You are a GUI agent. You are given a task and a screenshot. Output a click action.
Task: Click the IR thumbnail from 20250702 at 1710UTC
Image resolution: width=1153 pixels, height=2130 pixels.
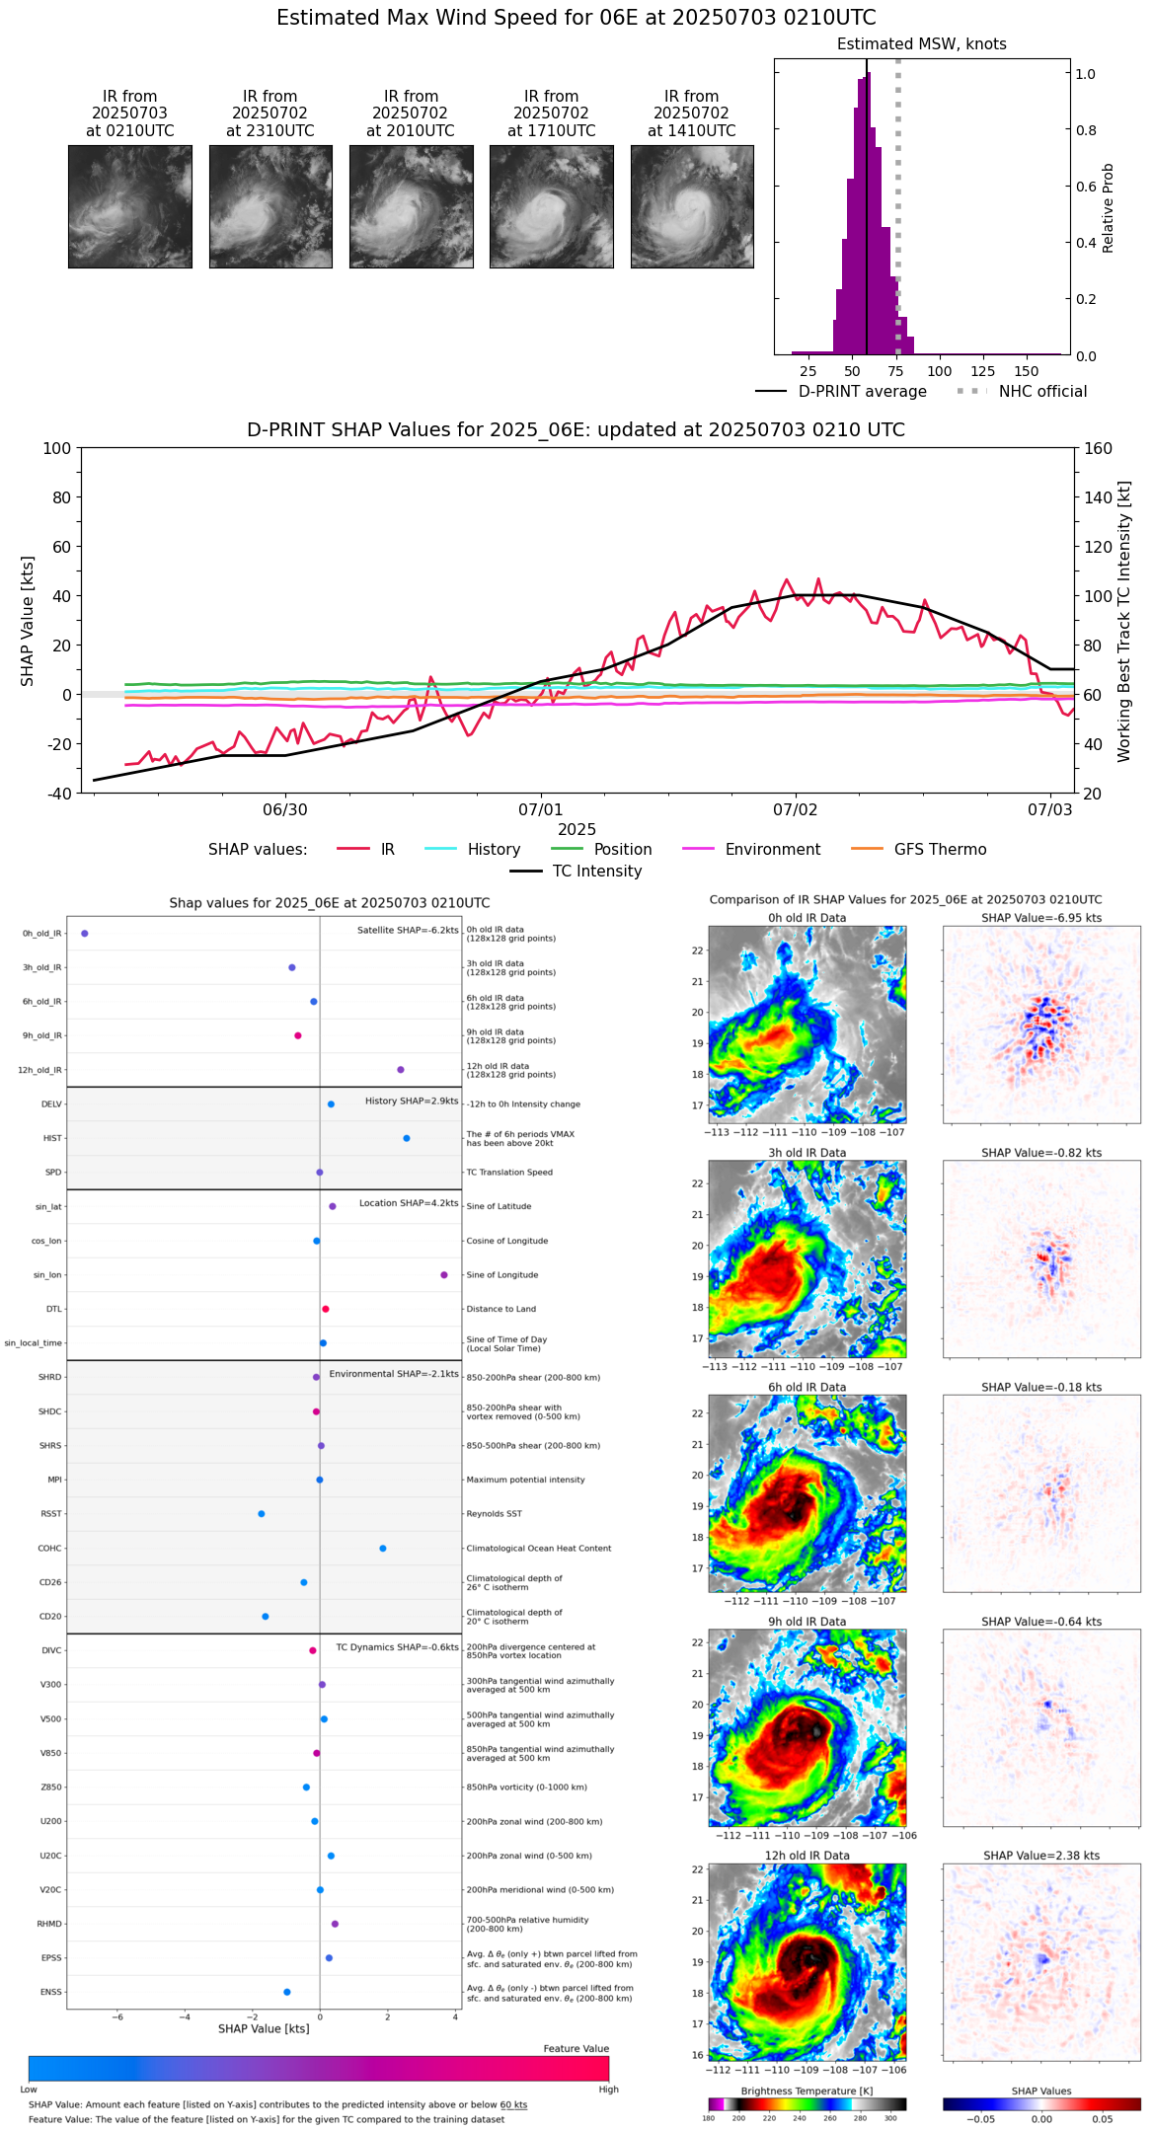click(551, 206)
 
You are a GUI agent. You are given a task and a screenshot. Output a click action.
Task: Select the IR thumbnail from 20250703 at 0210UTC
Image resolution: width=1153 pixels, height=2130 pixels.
click(129, 206)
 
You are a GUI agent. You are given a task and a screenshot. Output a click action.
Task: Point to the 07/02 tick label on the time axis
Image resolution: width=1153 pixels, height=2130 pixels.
click(795, 809)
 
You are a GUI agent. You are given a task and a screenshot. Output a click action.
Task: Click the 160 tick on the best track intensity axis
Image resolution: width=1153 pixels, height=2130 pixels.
click(1098, 448)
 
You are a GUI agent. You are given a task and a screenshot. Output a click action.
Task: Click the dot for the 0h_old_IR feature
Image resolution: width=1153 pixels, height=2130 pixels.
click(85, 933)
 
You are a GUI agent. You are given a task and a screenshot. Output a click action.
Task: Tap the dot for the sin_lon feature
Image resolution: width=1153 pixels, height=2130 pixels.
click(444, 1274)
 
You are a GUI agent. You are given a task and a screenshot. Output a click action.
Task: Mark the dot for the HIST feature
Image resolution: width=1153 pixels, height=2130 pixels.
click(407, 1138)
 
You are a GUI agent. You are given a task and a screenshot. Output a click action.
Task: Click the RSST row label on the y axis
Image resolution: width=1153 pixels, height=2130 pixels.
click(50, 1513)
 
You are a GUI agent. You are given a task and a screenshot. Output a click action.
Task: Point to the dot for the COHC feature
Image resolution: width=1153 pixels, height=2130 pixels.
click(383, 1548)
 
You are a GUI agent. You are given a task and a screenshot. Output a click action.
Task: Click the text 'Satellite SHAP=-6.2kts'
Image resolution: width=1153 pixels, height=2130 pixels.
click(408, 930)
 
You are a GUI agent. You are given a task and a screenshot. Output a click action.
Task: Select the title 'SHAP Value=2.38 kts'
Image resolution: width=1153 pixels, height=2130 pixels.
click(1041, 1856)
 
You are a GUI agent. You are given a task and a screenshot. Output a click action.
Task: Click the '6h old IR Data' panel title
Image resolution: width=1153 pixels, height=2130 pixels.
click(807, 1387)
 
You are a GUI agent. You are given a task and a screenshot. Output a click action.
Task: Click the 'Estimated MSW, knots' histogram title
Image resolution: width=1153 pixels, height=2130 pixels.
click(921, 44)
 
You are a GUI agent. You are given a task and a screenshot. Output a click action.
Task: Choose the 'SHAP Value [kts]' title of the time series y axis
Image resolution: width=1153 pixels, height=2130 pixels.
click(28, 621)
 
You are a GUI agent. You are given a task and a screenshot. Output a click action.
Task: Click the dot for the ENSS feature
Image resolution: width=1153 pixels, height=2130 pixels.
click(287, 1992)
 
